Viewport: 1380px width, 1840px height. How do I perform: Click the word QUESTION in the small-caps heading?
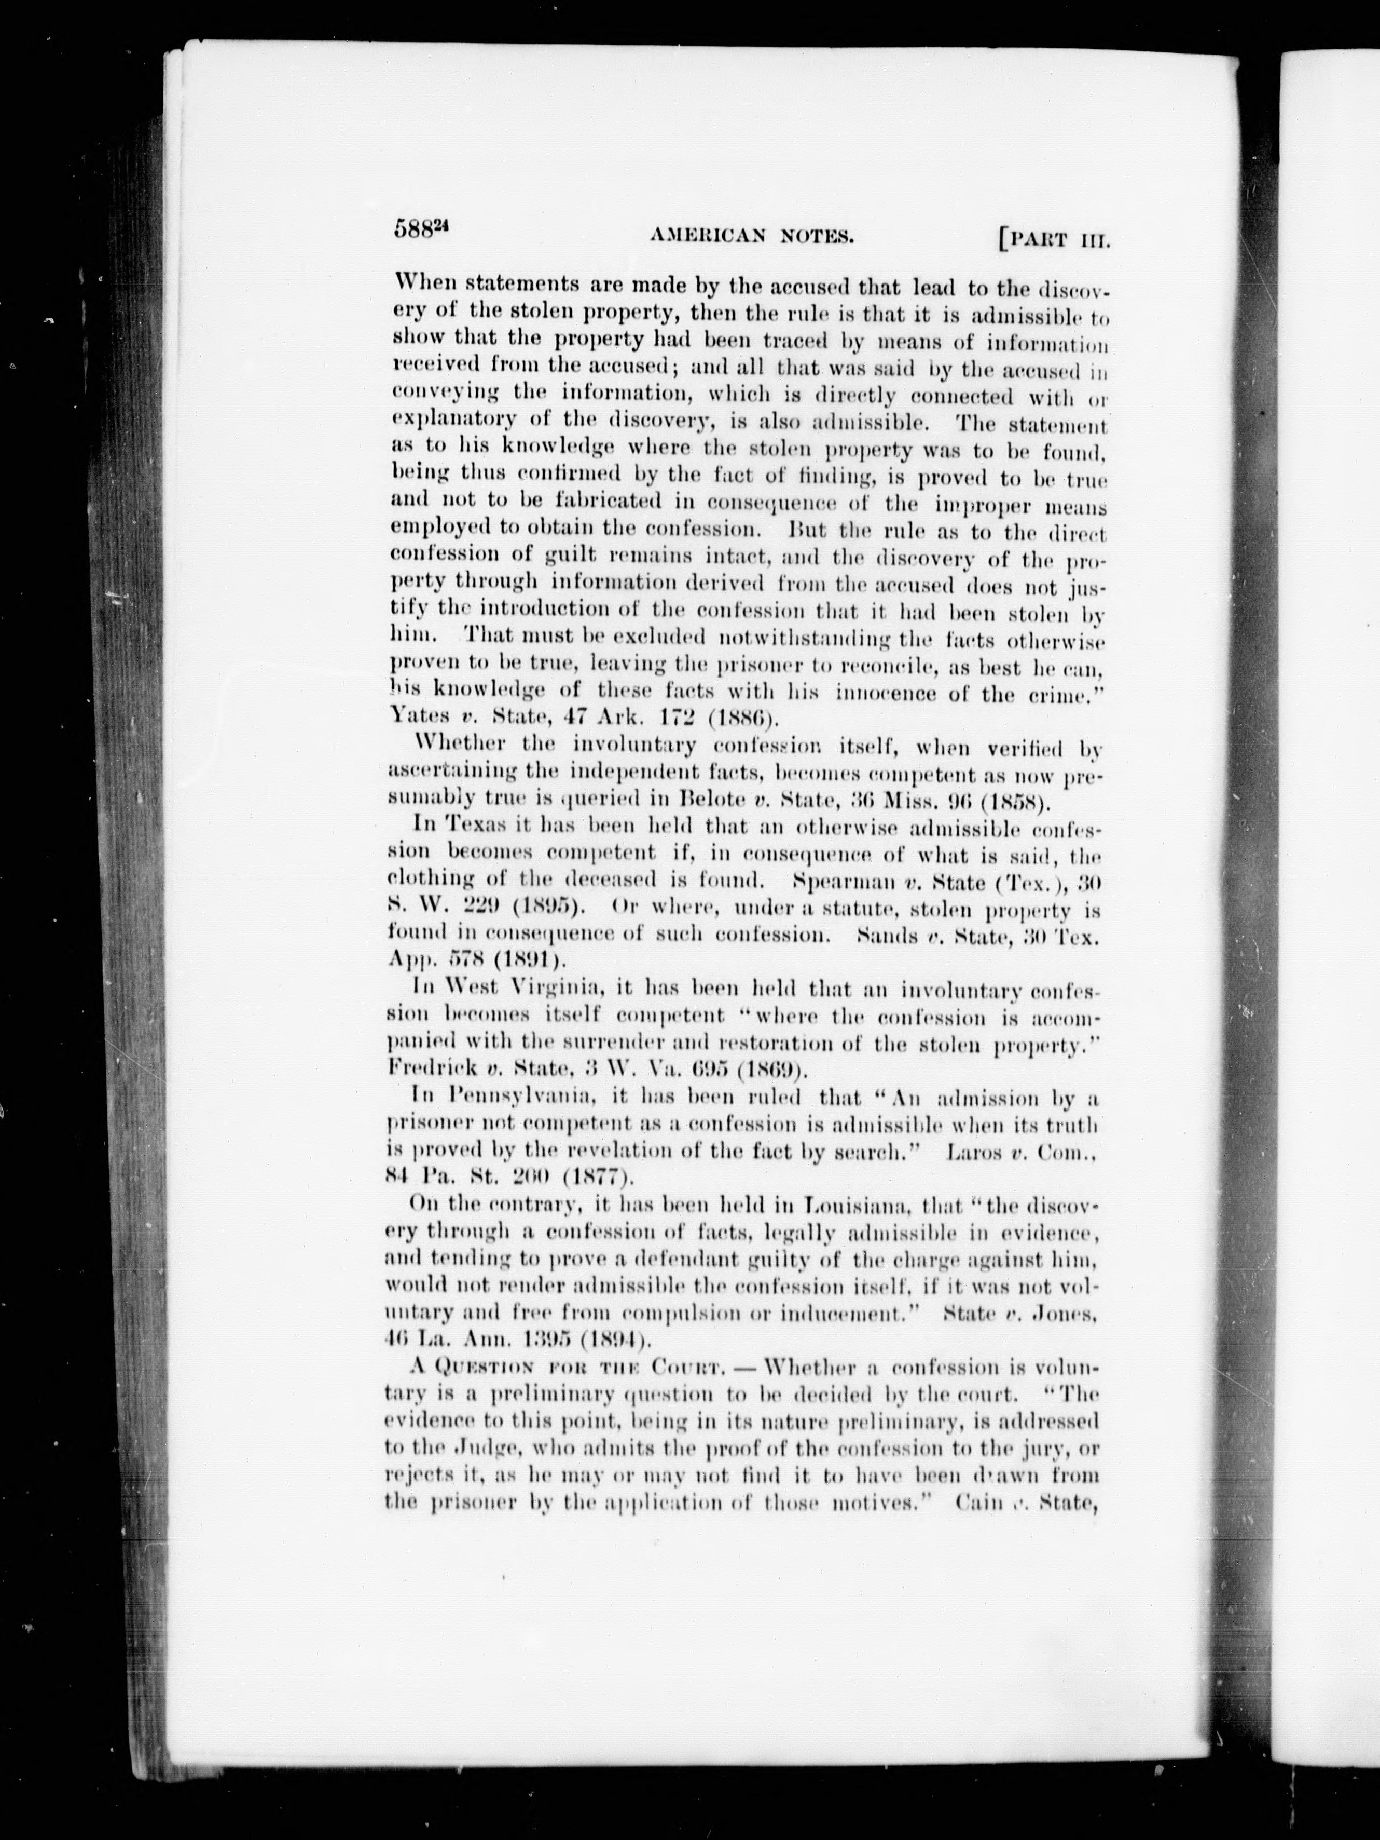(470, 1367)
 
